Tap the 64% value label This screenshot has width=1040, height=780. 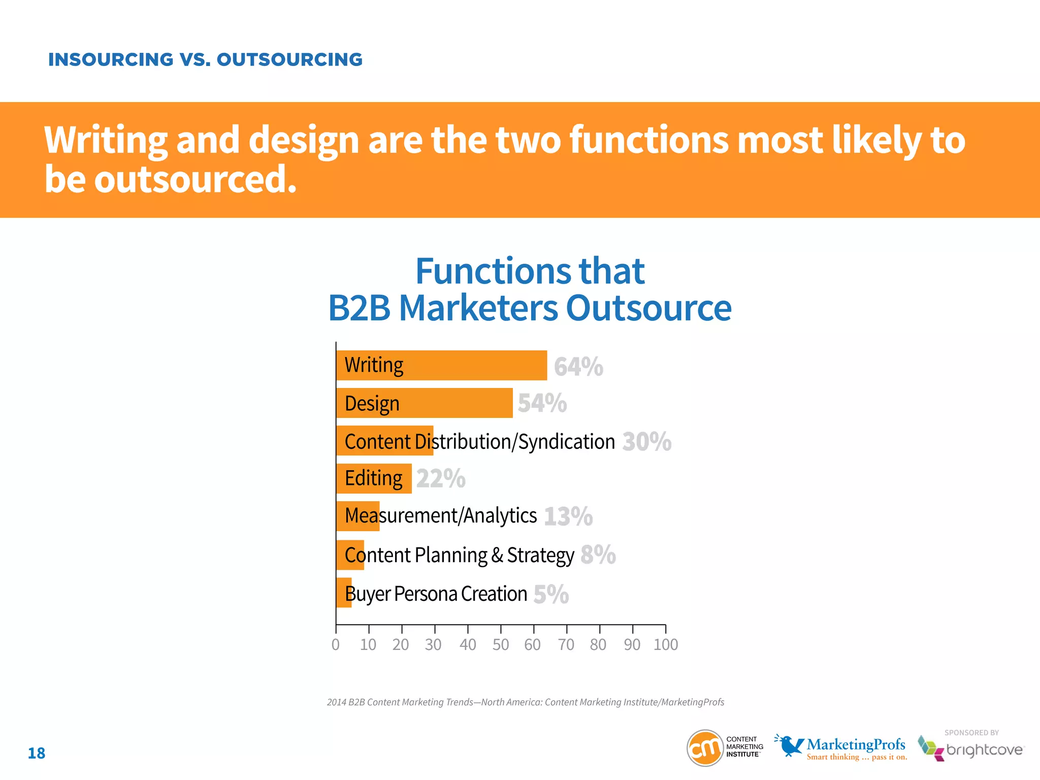(578, 367)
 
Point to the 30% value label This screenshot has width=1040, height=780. (646, 441)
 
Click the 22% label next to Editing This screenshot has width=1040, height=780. (440, 478)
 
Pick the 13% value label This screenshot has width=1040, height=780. (568, 516)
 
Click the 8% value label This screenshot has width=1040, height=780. (598, 555)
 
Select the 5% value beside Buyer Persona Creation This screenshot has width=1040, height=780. (551, 594)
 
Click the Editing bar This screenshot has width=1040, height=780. (374, 478)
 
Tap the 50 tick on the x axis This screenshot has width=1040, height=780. (500, 644)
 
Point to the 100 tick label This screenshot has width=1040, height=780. (665, 644)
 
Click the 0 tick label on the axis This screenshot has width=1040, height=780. (336, 644)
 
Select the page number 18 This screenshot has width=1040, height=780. (37, 753)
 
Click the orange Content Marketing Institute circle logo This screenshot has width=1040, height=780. (705, 747)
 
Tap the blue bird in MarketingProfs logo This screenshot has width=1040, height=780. (789, 745)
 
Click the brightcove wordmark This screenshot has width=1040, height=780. (984, 750)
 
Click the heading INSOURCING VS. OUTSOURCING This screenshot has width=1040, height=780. (205, 59)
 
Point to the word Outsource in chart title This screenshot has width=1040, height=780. (648, 308)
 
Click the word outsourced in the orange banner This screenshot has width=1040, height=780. (195, 179)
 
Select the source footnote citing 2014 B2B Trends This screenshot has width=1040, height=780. (525, 702)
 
